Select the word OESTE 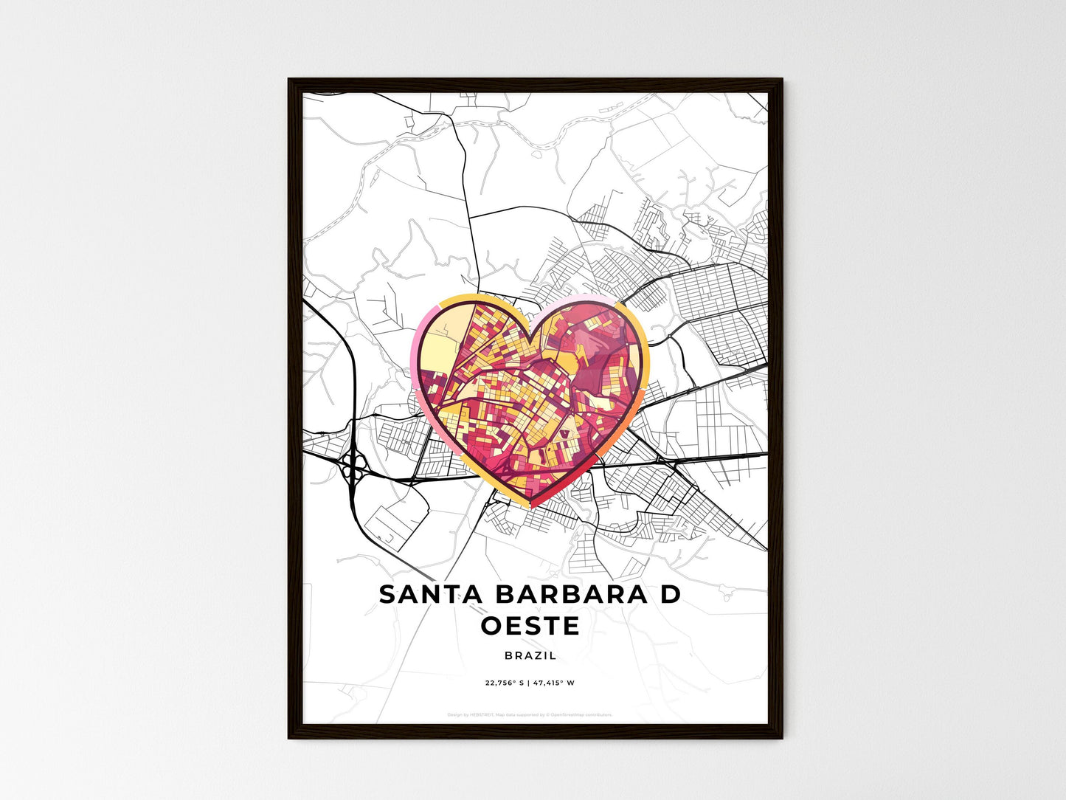[x=530, y=627]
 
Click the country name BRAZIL [x=530, y=655]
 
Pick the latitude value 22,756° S [x=504, y=683]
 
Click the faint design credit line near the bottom [x=530, y=714]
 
